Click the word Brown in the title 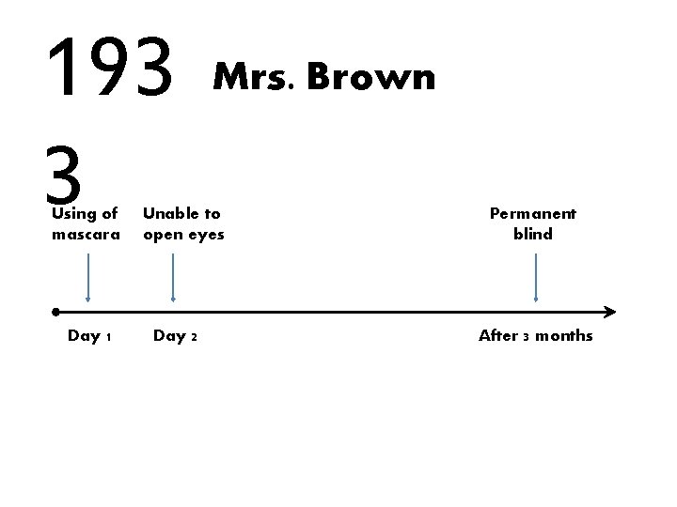coord(370,77)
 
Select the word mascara coord(86,234)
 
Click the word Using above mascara coord(71,214)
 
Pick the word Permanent coord(533,214)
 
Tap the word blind coord(533,234)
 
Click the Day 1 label coord(90,335)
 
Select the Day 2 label coord(175,335)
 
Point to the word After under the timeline coord(499,335)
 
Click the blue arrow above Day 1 coord(87,277)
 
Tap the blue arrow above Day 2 coord(174,277)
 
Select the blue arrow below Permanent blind coord(536,277)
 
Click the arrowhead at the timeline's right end coord(610,312)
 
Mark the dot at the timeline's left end coord(57,311)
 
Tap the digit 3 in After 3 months coord(526,336)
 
